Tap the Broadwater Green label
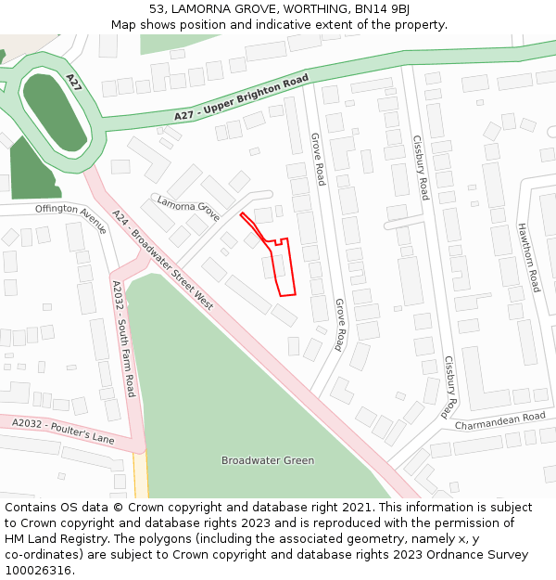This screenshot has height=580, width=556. pyautogui.click(x=267, y=460)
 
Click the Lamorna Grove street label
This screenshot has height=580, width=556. pyautogui.click(x=188, y=209)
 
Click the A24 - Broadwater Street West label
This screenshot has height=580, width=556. pyautogui.click(x=162, y=261)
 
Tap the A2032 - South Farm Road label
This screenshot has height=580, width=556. pyautogui.click(x=123, y=339)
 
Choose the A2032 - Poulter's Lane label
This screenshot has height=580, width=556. pyautogui.click(x=63, y=431)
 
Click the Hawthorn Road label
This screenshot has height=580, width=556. pyautogui.click(x=528, y=257)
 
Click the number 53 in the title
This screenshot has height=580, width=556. pyautogui.click(x=156, y=9)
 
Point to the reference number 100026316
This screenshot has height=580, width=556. pyautogui.click(x=38, y=570)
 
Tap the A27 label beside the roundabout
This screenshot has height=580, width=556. pyautogui.click(x=73, y=83)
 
